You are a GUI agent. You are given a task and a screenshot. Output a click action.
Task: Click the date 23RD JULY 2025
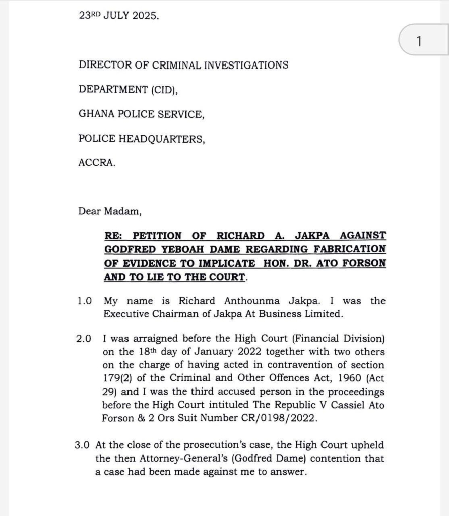pos(118,15)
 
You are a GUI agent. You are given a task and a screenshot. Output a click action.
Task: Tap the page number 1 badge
pos(419,41)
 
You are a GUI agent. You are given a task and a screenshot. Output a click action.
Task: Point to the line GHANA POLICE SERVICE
pos(142,114)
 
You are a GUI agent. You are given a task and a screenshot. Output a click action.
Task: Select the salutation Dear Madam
pos(110,212)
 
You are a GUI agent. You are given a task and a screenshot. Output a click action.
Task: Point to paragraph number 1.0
pos(85,301)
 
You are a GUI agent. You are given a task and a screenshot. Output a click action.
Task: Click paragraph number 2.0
pos(85,339)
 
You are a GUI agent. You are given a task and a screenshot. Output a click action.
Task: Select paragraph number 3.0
pos(84,445)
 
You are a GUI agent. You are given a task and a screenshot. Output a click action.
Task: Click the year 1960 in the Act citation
pos(327,378)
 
